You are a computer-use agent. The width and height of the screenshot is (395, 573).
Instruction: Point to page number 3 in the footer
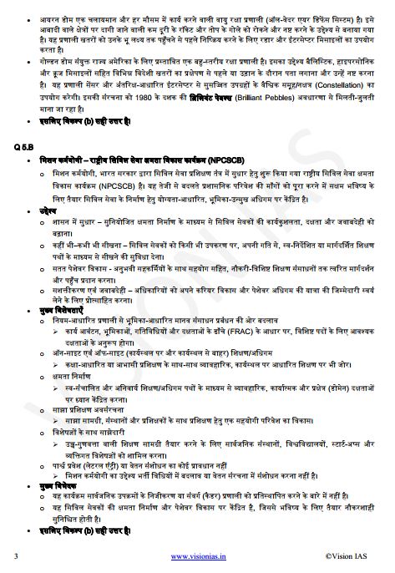point(17,555)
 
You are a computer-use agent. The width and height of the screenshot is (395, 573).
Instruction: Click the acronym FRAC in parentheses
point(220,340)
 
